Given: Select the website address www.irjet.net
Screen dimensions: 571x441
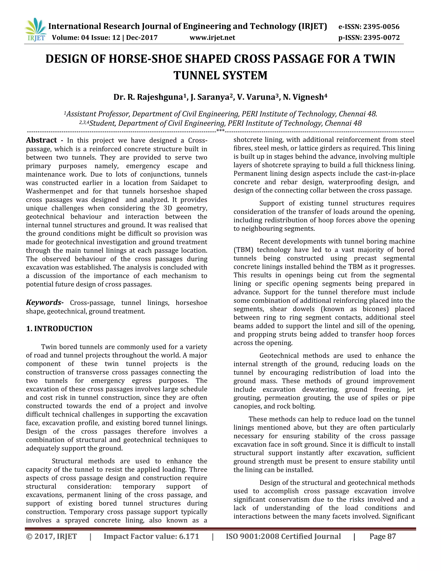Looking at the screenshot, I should [x=212, y=38].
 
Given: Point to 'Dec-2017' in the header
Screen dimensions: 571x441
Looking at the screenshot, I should [x=142, y=38].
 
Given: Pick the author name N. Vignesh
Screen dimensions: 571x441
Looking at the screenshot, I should [x=305, y=97].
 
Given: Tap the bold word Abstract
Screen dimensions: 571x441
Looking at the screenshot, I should [x=41, y=140].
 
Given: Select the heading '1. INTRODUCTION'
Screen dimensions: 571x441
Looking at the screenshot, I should [x=59, y=329].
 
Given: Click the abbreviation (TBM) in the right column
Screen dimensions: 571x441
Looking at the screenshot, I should [x=243, y=250].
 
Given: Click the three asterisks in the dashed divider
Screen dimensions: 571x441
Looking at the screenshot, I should [x=220, y=130].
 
